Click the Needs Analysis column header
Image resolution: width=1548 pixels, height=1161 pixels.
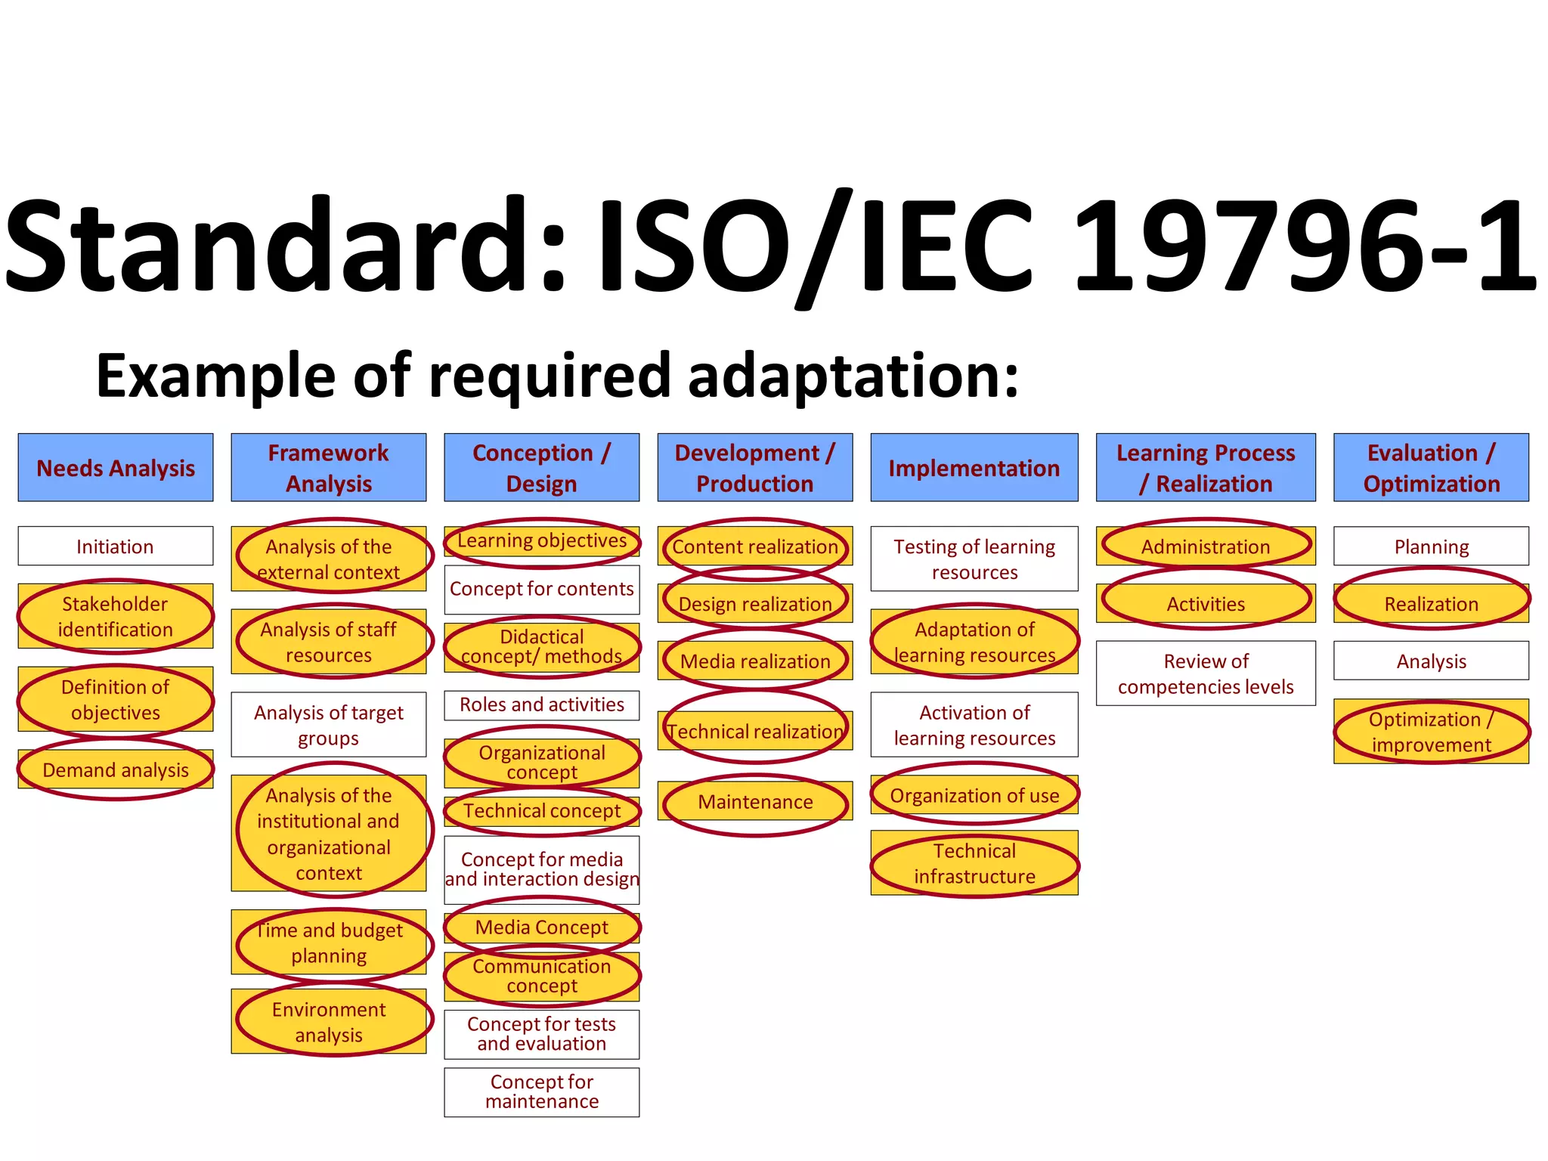(x=116, y=468)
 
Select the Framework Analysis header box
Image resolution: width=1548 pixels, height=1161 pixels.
(x=329, y=468)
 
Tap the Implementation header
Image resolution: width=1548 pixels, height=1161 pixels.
(x=974, y=468)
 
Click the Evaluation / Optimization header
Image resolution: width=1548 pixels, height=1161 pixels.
(x=1431, y=468)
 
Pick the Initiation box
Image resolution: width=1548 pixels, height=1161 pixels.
(x=116, y=546)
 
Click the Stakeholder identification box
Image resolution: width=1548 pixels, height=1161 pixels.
(x=116, y=616)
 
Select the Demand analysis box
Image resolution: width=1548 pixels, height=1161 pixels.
(x=116, y=769)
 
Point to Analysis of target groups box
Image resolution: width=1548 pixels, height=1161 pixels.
(x=329, y=725)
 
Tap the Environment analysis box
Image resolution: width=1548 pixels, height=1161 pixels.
(x=329, y=1021)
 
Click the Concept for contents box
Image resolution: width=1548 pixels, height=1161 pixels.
(x=542, y=589)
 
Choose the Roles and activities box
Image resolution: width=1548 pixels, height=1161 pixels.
(x=542, y=704)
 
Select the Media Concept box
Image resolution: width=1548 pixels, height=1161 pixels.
(x=542, y=927)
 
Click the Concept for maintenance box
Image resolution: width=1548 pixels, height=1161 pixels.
(x=542, y=1091)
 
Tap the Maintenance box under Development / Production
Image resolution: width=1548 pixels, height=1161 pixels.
(x=755, y=801)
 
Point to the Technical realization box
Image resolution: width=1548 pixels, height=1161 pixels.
(x=755, y=731)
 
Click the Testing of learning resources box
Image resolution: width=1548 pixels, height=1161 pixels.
(x=974, y=559)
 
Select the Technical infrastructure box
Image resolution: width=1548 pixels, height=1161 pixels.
(x=974, y=863)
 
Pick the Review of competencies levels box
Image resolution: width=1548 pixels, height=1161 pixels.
(x=1206, y=673)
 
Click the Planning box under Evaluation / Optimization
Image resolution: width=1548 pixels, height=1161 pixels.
(x=1431, y=546)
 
